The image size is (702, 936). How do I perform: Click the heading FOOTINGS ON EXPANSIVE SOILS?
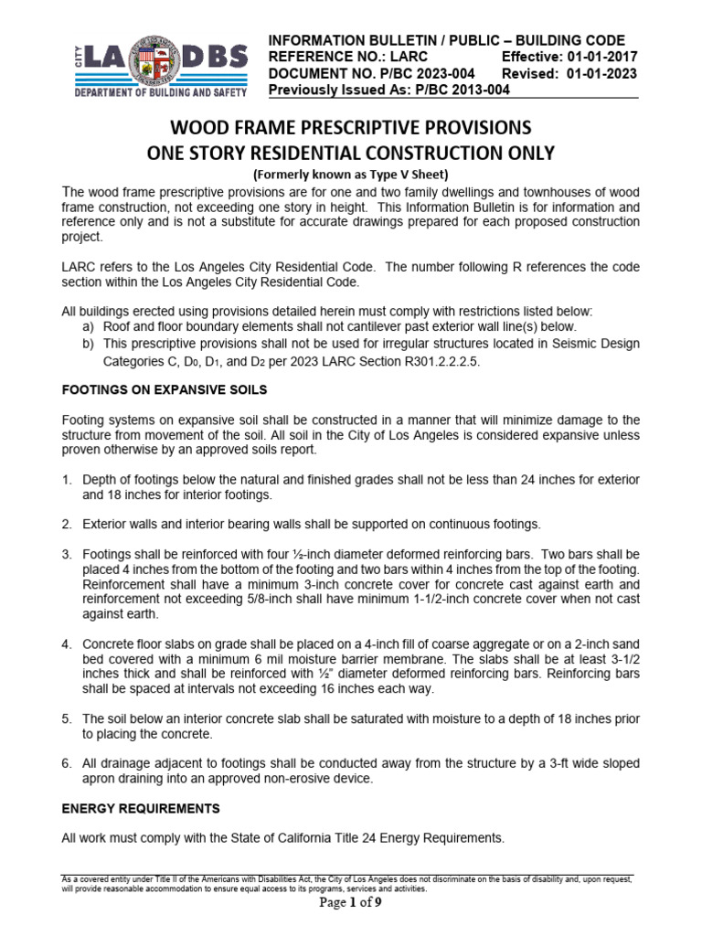[x=164, y=389]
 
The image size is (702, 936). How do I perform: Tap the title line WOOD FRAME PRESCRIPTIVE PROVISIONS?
[x=350, y=126]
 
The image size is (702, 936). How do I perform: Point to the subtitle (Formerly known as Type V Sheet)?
[x=350, y=174]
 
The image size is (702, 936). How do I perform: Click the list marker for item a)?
[x=88, y=326]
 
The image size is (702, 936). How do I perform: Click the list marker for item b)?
[x=88, y=344]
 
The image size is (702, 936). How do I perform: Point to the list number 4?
[x=67, y=645]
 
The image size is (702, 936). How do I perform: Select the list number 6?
[x=67, y=764]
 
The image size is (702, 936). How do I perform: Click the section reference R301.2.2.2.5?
[x=431, y=362]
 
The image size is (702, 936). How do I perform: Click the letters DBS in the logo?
[x=216, y=58]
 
